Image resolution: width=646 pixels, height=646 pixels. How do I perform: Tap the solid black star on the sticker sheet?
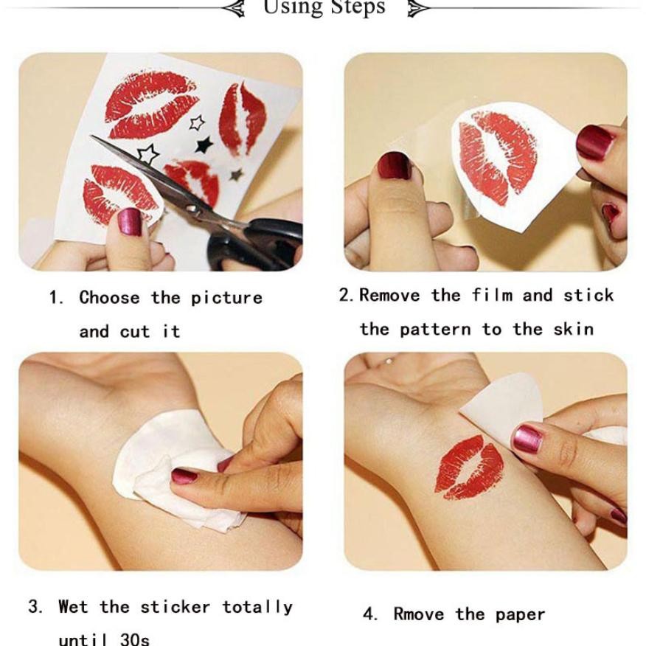coord(204,145)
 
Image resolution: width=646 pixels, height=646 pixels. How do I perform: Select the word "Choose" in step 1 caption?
coord(110,297)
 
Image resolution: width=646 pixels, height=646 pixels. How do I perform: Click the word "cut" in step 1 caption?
coord(135,332)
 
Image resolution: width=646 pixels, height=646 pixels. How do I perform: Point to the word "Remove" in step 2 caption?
coord(390,295)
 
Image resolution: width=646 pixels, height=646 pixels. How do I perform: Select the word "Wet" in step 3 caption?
coord(73,607)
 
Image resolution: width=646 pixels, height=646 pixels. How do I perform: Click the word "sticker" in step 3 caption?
coord(175,607)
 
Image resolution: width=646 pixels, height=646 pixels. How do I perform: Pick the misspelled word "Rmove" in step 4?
coord(419,614)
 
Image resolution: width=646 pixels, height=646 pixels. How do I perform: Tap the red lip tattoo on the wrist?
coord(469,467)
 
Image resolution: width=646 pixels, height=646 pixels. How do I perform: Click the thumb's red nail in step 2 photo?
coord(395,165)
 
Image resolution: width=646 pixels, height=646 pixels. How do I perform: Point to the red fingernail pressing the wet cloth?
coord(184,476)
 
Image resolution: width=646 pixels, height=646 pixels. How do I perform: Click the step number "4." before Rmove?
coord(370,614)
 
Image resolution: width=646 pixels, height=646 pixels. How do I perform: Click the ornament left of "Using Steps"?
coord(234,8)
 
